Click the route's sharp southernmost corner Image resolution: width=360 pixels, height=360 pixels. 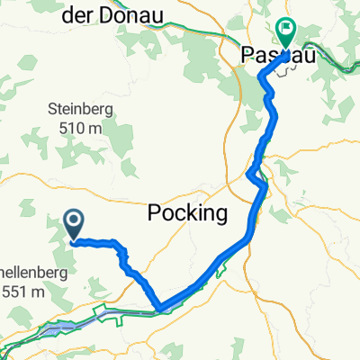coord(159,310)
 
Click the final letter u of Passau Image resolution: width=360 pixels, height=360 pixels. coord(294,55)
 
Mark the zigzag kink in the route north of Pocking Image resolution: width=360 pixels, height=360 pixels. coord(256,176)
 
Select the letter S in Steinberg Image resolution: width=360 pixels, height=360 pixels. coord(50,110)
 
